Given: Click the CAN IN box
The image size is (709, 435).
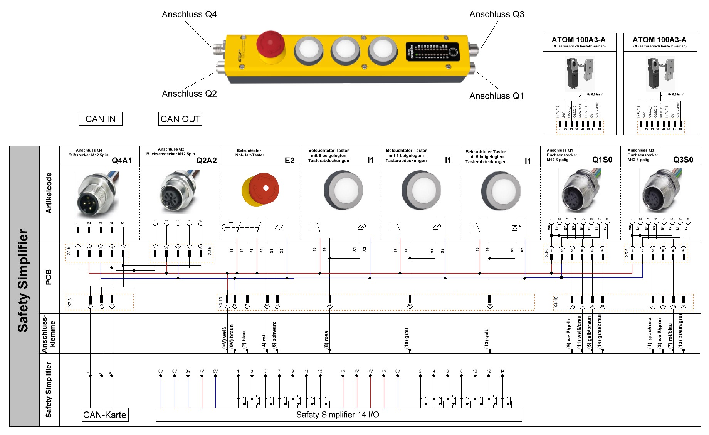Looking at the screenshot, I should click(x=100, y=119).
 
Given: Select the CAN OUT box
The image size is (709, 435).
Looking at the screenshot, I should click(x=180, y=119).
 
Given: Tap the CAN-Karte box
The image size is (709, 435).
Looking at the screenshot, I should click(x=105, y=415).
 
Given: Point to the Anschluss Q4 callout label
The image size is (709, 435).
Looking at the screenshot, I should click(x=189, y=14).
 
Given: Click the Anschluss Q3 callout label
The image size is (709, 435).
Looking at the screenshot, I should click(x=497, y=14).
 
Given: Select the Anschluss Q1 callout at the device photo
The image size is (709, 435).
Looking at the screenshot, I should click(x=497, y=96).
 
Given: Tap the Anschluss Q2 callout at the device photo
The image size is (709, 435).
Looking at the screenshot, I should click(x=189, y=94).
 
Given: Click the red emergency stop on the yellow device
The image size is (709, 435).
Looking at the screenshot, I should click(x=270, y=44).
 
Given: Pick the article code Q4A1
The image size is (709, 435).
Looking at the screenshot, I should click(x=122, y=160).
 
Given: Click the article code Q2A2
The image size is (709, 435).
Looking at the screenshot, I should click(x=207, y=160).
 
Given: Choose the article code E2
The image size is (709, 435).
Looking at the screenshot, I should click(x=289, y=160).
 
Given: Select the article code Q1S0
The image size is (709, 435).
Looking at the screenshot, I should click(x=602, y=160).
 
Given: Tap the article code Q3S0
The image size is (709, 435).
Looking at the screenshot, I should click(x=683, y=160).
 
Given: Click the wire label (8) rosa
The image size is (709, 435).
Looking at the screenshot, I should click(x=326, y=339).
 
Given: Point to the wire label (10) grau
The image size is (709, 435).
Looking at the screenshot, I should click(x=407, y=338).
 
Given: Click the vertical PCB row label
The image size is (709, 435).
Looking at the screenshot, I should click(x=49, y=277).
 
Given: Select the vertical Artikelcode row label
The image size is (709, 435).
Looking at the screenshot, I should click(x=49, y=193).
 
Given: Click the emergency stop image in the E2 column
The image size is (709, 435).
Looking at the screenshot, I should click(x=260, y=190).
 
